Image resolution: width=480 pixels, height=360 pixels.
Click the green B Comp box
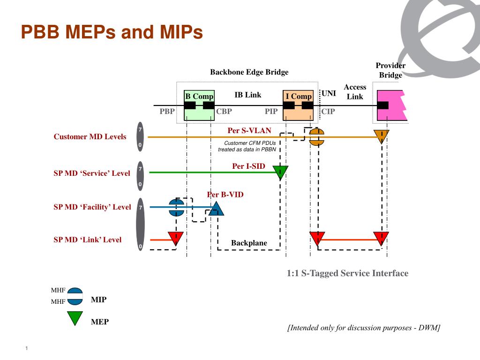click(199, 105)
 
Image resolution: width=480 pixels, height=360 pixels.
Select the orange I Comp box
click(298, 105)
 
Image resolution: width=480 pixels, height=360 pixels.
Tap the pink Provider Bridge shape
click(391, 105)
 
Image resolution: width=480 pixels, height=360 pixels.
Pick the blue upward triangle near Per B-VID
click(216, 209)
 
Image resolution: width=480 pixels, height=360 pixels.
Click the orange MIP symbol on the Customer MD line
click(316, 137)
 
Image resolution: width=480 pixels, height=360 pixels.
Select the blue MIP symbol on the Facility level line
click(177, 207)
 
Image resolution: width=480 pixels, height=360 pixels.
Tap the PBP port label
click(167, 112)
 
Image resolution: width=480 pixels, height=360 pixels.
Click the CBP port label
click(224, 112)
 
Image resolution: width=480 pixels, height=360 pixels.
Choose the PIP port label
click(271, 112)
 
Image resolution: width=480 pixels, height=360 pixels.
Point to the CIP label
click(328, 112)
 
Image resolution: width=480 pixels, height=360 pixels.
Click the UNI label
click(329, 93)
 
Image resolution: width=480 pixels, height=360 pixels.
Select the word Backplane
click(249, 243)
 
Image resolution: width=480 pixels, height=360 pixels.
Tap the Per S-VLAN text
click(249, 131)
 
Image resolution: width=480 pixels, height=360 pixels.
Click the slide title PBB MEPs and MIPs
click(112, 31)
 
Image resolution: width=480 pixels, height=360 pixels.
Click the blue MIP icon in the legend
click(75, 296)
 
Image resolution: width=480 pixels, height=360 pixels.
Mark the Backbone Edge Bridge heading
click(249, 72)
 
